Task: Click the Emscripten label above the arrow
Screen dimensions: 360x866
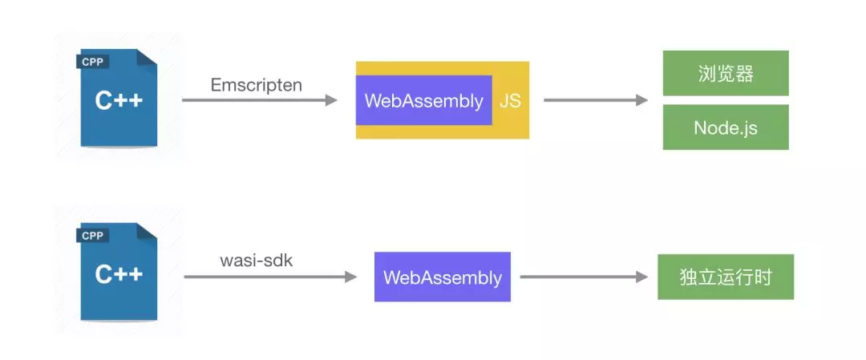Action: click(256, 84)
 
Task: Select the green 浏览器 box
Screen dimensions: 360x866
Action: click(726, 73)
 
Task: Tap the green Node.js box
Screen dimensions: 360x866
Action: click(726, 127)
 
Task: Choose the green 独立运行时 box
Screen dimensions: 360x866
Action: click(726, 277)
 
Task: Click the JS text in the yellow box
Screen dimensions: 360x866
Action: click(510, 101)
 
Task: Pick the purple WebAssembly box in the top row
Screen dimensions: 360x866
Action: click(423, 101)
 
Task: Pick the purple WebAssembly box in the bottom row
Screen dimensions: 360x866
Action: click(442, 277)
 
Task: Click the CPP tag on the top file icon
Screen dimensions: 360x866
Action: click(94, 62)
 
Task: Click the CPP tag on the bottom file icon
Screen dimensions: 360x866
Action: click(94, 236)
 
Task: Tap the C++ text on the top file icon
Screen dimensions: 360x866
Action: click(119, 101)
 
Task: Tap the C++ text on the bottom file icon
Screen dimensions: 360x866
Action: click(119, 274)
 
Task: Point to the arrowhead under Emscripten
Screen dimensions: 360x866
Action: click(330, 100)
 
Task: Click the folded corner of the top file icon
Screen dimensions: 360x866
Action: click(146, 59)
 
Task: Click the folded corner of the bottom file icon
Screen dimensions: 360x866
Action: click(146, 233)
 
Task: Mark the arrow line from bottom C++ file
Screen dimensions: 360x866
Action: click(265, 277)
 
